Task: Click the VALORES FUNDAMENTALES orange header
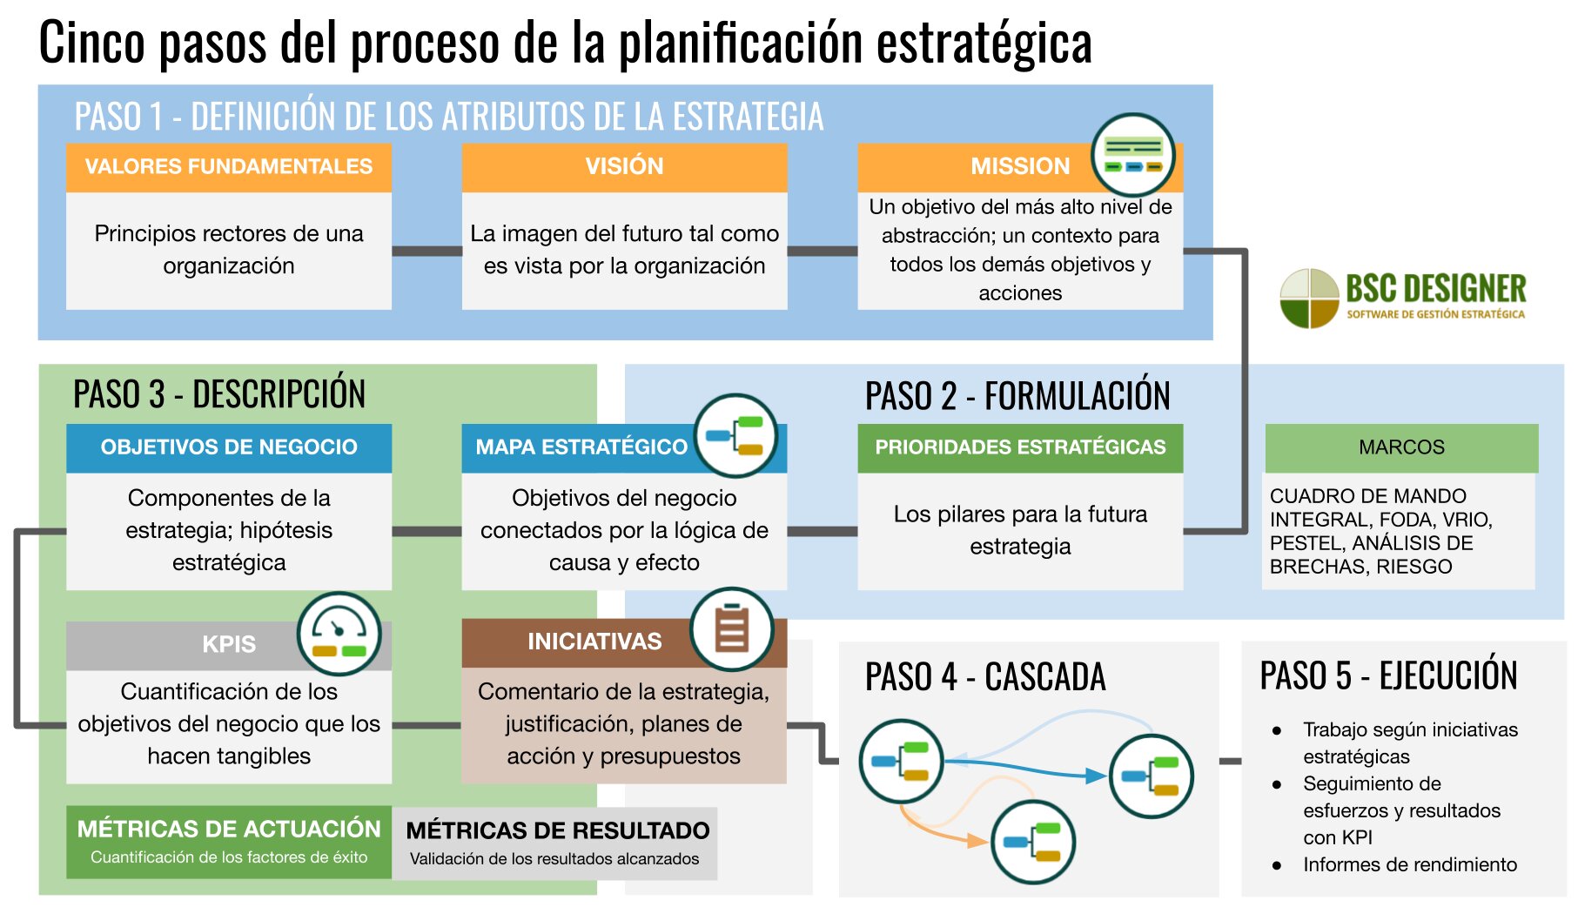228,166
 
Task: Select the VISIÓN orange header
624,166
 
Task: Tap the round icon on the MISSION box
1132,155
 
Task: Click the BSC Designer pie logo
1308,299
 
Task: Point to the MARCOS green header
1400,447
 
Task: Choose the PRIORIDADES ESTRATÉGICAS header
1019,447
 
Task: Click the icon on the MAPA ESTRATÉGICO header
735,435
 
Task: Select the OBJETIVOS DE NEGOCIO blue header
228,447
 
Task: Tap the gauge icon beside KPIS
339,635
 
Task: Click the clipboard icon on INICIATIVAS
731,629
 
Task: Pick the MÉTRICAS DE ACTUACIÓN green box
228,841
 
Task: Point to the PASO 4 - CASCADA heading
984,677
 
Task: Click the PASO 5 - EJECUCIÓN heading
1388,675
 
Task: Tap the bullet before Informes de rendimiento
1277,865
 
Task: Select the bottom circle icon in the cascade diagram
1033,842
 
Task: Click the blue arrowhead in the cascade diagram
1096,775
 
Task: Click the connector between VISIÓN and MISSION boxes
822,251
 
